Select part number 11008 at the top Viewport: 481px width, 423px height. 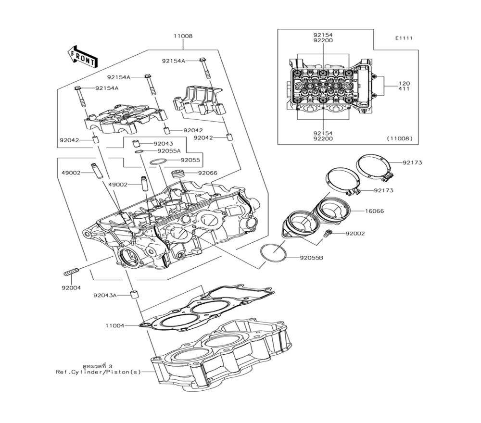click(x=183, y=37)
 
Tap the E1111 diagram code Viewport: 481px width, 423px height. click(x=404, y=38)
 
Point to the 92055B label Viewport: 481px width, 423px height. click(x=311, y=258)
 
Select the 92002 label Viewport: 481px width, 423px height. click(x=355, y=234)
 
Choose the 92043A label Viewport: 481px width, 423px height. click(x=105, y=295)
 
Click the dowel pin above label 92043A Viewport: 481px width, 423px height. click(x=135, y=294)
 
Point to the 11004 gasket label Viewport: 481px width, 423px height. click(x=115, y=326)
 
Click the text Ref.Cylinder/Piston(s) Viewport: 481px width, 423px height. click(x=98, y=372)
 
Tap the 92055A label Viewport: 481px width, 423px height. click(x=169, y=151)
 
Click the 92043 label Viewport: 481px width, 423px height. click(x=164, y=144)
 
